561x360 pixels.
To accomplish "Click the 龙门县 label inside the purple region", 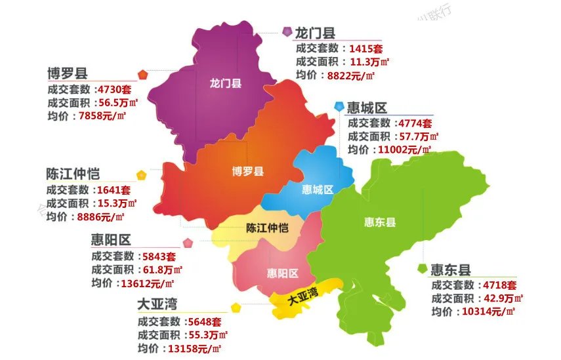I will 226,84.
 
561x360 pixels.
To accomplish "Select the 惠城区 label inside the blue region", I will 318,190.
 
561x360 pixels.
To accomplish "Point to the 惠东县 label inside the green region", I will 380,222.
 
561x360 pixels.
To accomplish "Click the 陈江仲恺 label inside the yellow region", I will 267,228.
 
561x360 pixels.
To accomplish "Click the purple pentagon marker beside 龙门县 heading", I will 287,31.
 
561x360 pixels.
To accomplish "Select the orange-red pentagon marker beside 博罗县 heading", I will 142,73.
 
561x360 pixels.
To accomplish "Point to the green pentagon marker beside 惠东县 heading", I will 423,268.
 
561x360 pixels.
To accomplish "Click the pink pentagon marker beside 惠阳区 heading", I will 188,243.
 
